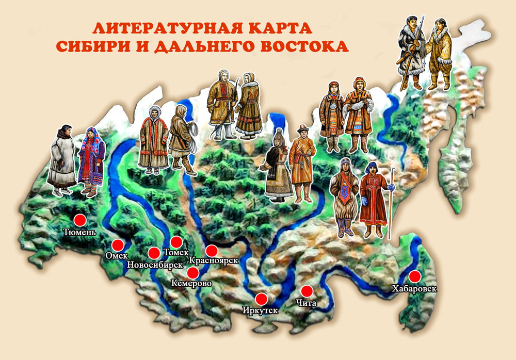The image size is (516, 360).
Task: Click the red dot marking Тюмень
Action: pyautogui.click(x=79, y=220)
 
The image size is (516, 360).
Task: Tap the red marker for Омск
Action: pyautogui.click(x=118, y=245)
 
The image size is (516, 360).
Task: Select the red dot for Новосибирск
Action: pyautogui.click(x=154, y=253)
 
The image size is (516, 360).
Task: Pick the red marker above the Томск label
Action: pyautogui.click(x=176, y=242)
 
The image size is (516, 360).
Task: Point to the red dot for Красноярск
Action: pyautogui.click(x=212, y=251)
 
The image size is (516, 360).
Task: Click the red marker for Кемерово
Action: pyautogui.click(x=193, y=273)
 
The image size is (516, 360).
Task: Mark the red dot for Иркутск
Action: pyautogui.click(x=261, y=299)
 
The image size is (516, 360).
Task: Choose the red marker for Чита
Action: pyautogui.click(x=307, y=291)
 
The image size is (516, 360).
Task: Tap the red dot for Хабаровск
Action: pyautogui.click(x=414, y=276)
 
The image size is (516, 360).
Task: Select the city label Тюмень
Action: pyautogui.click(x=79, y=232)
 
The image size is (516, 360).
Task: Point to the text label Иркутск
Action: pyautogui.click(x=261, y=310)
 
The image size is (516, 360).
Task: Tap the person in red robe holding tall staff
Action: pyautogui.click(x=374, y=199)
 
